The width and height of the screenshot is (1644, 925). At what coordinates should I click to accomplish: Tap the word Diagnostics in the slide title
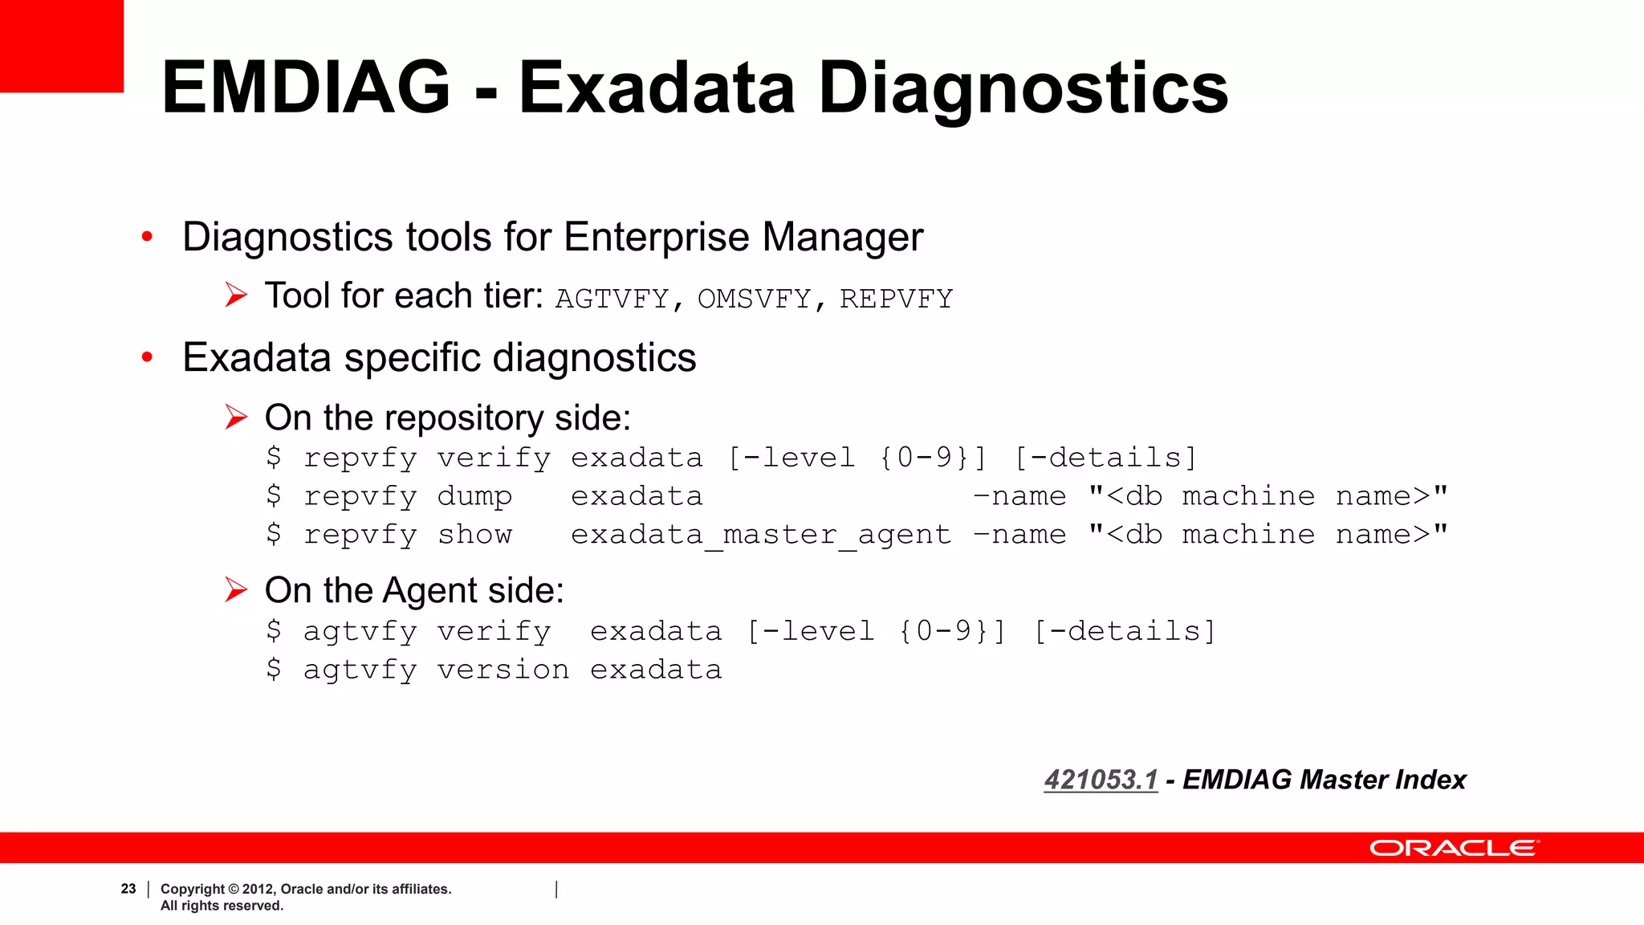pyautogui.click(x=1023, y=88)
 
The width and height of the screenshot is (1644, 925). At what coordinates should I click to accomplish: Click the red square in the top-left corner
pyautogui.click(x=61, y=46)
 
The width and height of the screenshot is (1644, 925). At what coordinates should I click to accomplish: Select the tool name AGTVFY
pyautogui.click(x=612, y=299)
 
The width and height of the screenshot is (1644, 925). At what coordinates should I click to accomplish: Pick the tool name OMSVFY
pyautogui.click(x=754, y=299)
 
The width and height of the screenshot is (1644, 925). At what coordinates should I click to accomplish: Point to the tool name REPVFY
pyautogui.click(x=896, y=299)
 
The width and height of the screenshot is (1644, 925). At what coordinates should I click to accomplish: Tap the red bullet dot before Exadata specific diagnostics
pyautogui.click(x=147, y=357)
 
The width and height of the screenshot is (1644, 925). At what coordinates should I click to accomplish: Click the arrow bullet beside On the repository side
pyautogui.click(x=236, y=418)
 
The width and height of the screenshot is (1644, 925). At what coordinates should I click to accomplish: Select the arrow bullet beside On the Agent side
pyautogui.click(x=236, y=590)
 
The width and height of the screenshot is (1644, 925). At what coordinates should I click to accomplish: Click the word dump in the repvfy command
pyautogui.click(x=474, y=496)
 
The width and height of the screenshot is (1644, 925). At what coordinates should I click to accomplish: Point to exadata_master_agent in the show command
pyautogui.click(x=760, y=535)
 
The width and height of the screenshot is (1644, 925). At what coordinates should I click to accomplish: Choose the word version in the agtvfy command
pyautogui.click(x=503, y=670)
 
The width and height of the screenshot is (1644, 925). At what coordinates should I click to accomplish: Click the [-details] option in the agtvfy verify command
pyautogui.click(x=1125, y=631)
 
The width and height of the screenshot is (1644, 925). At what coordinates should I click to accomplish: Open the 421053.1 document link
pyautogui.click(x=1101, y=780)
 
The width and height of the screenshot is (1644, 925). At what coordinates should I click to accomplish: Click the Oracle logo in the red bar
pyautogui.click(x=1454, y=848)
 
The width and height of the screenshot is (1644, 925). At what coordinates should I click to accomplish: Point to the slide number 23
pyautogui.click(x=128, y=889)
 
